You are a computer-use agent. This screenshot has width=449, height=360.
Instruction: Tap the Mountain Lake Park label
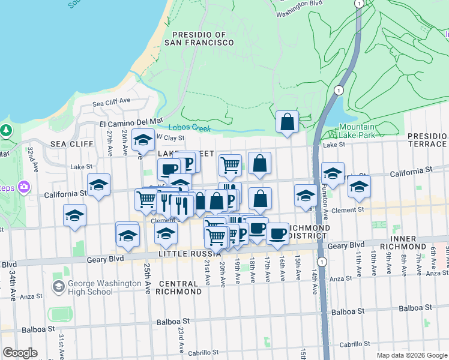tap(357, 131)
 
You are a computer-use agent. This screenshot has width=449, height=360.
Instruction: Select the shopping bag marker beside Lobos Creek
tap(288, 122)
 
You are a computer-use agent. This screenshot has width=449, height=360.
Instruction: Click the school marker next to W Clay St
tap(143, 140)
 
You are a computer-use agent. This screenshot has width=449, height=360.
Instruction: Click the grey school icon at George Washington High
tap(58, 287)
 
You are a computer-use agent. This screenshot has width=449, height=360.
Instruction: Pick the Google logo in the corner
tap(20, 353)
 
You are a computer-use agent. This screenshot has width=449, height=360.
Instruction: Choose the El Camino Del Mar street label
tap(131, 122)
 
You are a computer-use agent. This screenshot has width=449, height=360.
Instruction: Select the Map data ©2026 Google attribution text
tap(411, 355)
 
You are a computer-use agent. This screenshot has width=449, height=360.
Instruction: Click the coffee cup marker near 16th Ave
tap(277, 233)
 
